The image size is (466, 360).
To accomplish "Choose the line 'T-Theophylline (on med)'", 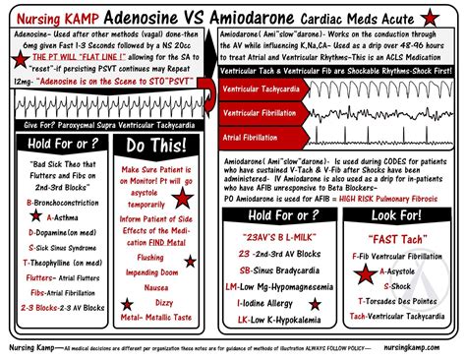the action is point(56,264).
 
